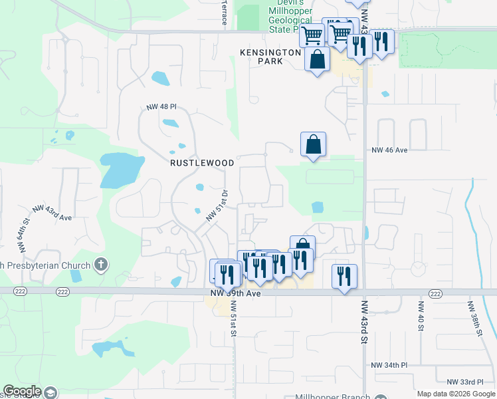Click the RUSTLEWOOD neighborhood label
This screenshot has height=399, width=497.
202,162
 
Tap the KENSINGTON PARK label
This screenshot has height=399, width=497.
270,57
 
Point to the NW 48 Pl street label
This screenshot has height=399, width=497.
162,106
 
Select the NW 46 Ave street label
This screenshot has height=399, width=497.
389,150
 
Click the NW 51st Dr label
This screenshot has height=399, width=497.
217,206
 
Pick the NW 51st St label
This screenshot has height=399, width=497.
234,327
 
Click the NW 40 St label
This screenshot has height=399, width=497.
421,315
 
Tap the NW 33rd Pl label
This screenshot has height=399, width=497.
465,382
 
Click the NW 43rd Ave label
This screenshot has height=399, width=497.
52,212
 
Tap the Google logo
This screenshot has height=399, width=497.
23,391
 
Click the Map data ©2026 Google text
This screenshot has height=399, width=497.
455,394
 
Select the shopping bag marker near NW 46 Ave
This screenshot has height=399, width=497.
313,144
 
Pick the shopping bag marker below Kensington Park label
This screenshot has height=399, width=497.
318,59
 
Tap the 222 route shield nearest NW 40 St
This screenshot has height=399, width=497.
435,293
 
